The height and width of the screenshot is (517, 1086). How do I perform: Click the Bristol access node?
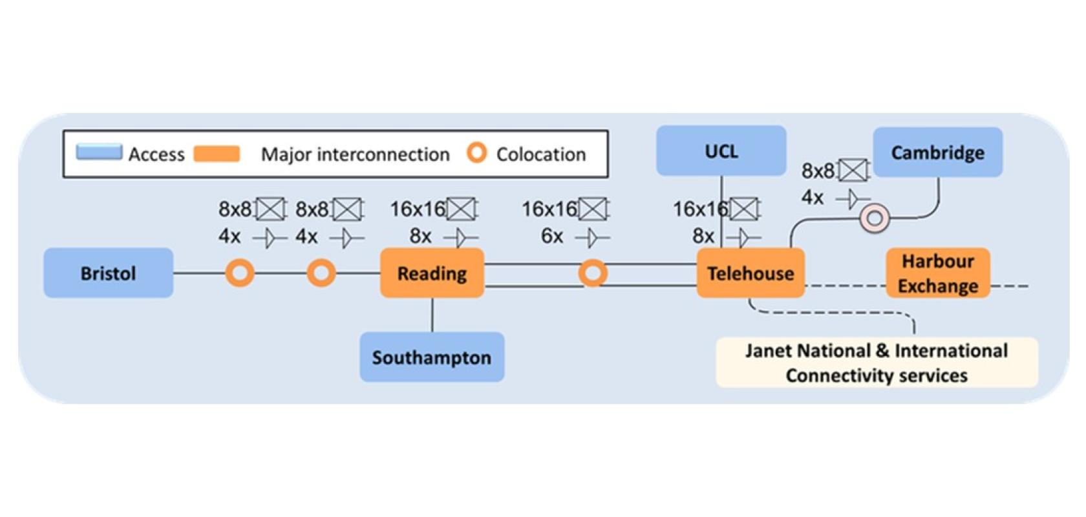point(108,273)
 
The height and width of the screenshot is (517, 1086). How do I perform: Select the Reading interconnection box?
point(432,273)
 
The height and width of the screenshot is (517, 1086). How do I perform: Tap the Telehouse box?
point(751,273)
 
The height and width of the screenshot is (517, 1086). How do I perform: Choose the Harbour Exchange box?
point(937,273)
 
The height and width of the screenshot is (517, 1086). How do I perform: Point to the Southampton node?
point(432,357)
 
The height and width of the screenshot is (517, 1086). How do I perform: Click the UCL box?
point(721,151)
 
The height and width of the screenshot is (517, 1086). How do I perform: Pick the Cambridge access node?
point(937,152)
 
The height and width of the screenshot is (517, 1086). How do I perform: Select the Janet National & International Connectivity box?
point(877,363)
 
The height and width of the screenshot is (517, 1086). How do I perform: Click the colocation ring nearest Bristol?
point(240,262)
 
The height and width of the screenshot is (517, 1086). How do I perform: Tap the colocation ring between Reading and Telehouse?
point(592,262)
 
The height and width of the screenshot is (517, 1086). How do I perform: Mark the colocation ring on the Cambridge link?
point(875,207)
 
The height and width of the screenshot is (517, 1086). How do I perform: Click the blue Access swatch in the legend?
point(99,152)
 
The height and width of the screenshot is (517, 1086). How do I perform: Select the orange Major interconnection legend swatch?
point(217,154)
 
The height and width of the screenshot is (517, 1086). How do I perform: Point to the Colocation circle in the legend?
point(476,145)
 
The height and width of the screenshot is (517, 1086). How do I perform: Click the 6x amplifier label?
point(552,236)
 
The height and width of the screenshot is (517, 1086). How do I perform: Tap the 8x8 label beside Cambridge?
point(818,171)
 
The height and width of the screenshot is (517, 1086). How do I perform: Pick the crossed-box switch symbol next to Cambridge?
point(853,170)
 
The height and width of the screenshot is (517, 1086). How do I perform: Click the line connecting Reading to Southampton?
point(432,315)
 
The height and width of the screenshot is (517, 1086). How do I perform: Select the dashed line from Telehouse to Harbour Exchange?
point(846,286)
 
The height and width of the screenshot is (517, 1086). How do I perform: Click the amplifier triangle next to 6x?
point(592,238)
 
